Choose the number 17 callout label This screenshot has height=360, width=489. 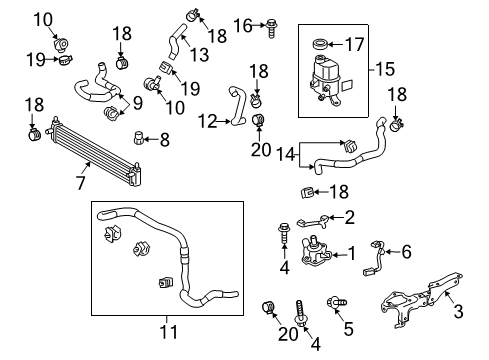[x=357, y=44]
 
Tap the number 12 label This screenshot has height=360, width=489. [x=207, y=121]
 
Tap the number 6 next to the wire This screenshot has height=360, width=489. [x=405, y=253]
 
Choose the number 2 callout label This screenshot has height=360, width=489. [x=349, y=217]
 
